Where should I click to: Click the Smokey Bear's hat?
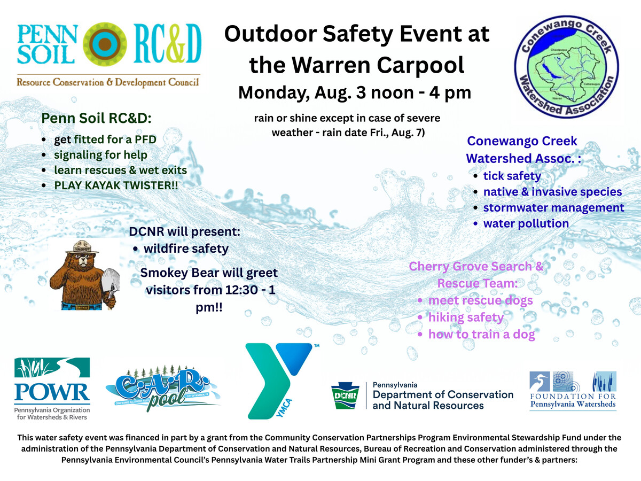pyautogui.click(x=82, y=247)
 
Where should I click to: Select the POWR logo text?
pyautogui.click(x=52, y=392)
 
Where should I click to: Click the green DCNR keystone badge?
pyautogui.click(x=345, y=395)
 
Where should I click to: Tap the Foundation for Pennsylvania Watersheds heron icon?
pyautogui.click(x=540, y=382)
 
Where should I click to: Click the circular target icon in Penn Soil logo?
pyautogui.click(x=105, y=44)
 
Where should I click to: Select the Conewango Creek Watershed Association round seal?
pyautogui.click(x=566, y=67)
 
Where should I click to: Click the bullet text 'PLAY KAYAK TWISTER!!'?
pyautogui.click(x=116, y=185)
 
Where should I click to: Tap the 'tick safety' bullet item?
pyautogui.click(x=512, y=176)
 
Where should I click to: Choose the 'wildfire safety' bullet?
pyautogui.click(x=186, y=249)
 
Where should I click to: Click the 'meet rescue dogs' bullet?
pyautogui.click(x=480, y=300)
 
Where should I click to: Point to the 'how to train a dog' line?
pyautogui.click(x=482, y=335)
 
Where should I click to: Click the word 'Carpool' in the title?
pyautogui.click(x=420, y=66)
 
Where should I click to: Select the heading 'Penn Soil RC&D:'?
pyautogui.click(x=96, y=118)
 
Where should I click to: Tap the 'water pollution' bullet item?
pyautogui.click(x=526, y=224)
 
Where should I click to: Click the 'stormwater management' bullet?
pyautogui.click(x=554, y=208)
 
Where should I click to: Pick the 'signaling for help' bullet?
pyautogui.click(x=100, y=155)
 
